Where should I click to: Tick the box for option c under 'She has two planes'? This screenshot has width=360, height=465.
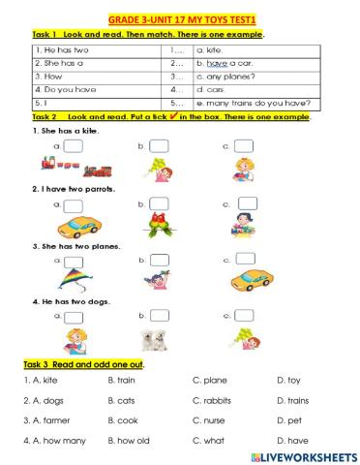(246, 259)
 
